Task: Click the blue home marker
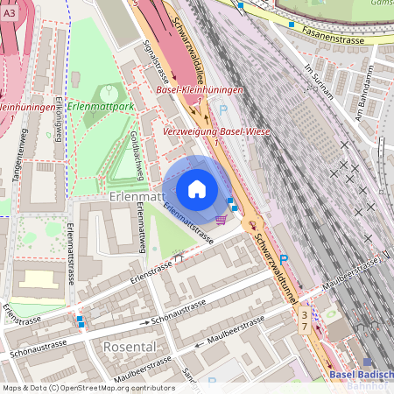coord(197,189)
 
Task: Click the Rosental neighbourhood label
coord(130,347)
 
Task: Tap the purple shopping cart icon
coord(221,220)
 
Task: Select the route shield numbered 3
coord(304,314)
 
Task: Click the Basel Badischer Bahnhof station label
coord(362,380)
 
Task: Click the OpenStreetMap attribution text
coord(88,387)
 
